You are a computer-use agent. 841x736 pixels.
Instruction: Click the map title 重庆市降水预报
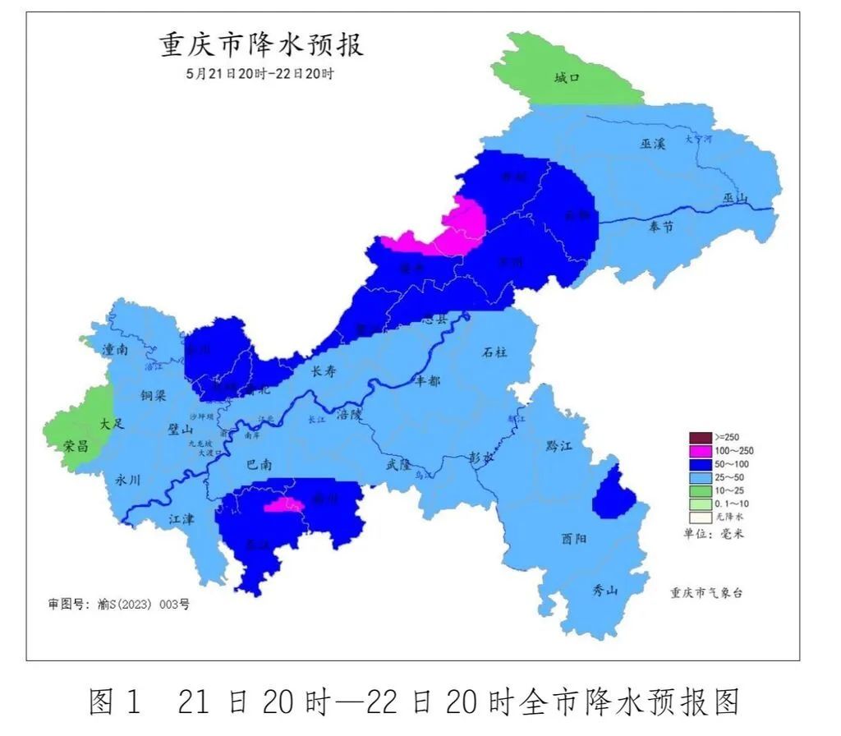261,44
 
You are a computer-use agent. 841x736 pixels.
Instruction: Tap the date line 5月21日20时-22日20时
260,73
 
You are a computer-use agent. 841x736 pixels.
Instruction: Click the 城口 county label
567,78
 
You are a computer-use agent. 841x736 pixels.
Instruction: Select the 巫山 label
736,198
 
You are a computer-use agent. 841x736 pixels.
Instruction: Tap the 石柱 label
494,352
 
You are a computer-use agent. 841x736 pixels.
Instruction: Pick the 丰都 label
428,381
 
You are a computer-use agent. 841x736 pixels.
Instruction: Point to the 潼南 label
115,350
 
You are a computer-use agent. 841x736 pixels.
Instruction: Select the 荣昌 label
75,444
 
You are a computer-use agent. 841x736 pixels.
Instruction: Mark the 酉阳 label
574,539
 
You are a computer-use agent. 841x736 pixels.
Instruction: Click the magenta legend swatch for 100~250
701,451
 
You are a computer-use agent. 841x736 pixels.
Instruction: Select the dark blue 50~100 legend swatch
701,464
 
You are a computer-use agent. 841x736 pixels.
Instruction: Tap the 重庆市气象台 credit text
706,592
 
